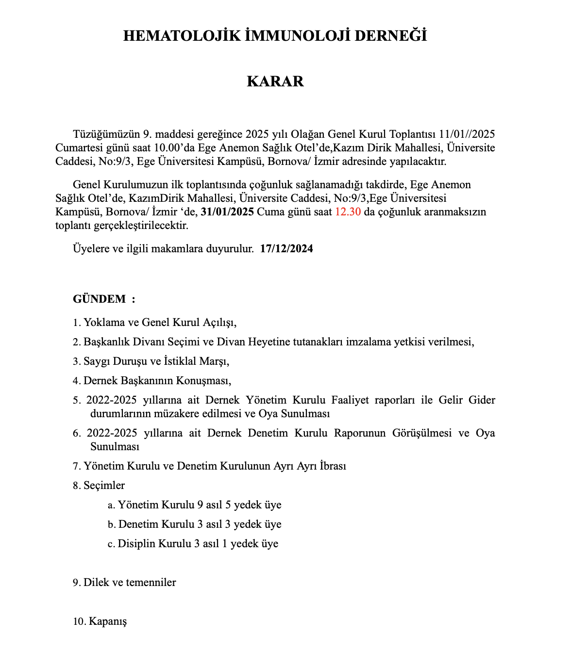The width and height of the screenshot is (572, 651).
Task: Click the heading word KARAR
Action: pos(275,81)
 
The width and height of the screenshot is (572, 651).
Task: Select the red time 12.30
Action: pos(348,212)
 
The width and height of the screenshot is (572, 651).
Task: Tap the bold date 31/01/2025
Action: pos(227,212)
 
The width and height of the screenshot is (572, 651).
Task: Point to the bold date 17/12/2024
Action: pos(286,249)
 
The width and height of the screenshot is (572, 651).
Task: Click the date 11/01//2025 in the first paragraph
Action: pos(467,134)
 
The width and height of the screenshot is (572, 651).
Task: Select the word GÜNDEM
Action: pos(100,299)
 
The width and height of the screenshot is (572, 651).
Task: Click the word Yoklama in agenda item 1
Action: pos(104,323)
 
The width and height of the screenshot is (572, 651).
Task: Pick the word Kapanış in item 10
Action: pos(108,621)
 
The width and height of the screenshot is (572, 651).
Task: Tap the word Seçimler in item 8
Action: pos(104,486)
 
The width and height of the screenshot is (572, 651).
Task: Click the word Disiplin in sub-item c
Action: pos(136,544)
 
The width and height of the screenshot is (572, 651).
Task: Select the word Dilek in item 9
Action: pos(96,583)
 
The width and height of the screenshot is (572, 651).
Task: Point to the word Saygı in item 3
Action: pos(97,361)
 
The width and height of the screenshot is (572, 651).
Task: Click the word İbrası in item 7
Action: pos(333,466)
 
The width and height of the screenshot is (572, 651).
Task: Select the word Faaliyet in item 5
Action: pos(349,400)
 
